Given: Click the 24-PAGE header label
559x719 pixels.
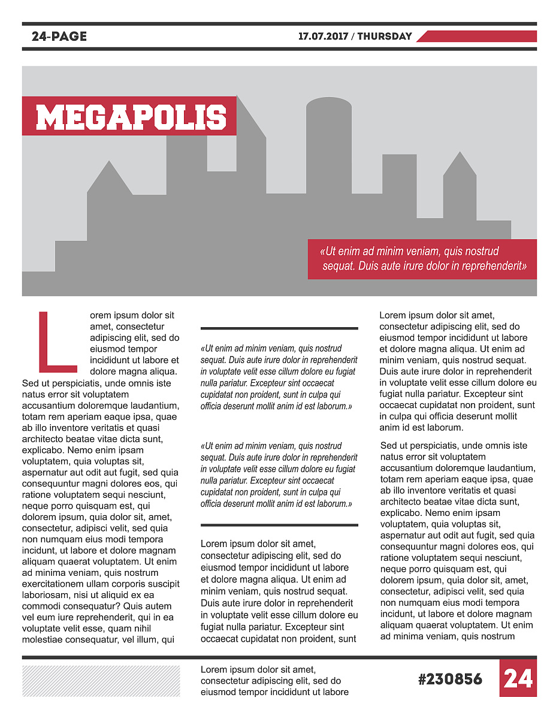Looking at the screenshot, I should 59,37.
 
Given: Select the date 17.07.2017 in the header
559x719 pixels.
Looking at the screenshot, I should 323,37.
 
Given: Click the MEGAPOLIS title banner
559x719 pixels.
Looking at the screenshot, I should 130,116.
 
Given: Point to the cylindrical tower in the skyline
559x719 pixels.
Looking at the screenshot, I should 328,144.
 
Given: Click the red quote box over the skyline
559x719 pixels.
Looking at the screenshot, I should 422,259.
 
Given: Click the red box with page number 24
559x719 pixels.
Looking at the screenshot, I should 518,678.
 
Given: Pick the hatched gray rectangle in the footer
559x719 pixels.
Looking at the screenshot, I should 101,681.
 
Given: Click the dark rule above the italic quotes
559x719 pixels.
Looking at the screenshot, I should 279,328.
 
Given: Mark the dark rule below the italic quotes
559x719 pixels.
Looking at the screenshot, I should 279,525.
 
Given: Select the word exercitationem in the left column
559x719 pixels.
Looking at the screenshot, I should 53,584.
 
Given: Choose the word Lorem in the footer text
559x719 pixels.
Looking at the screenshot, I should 213,669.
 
